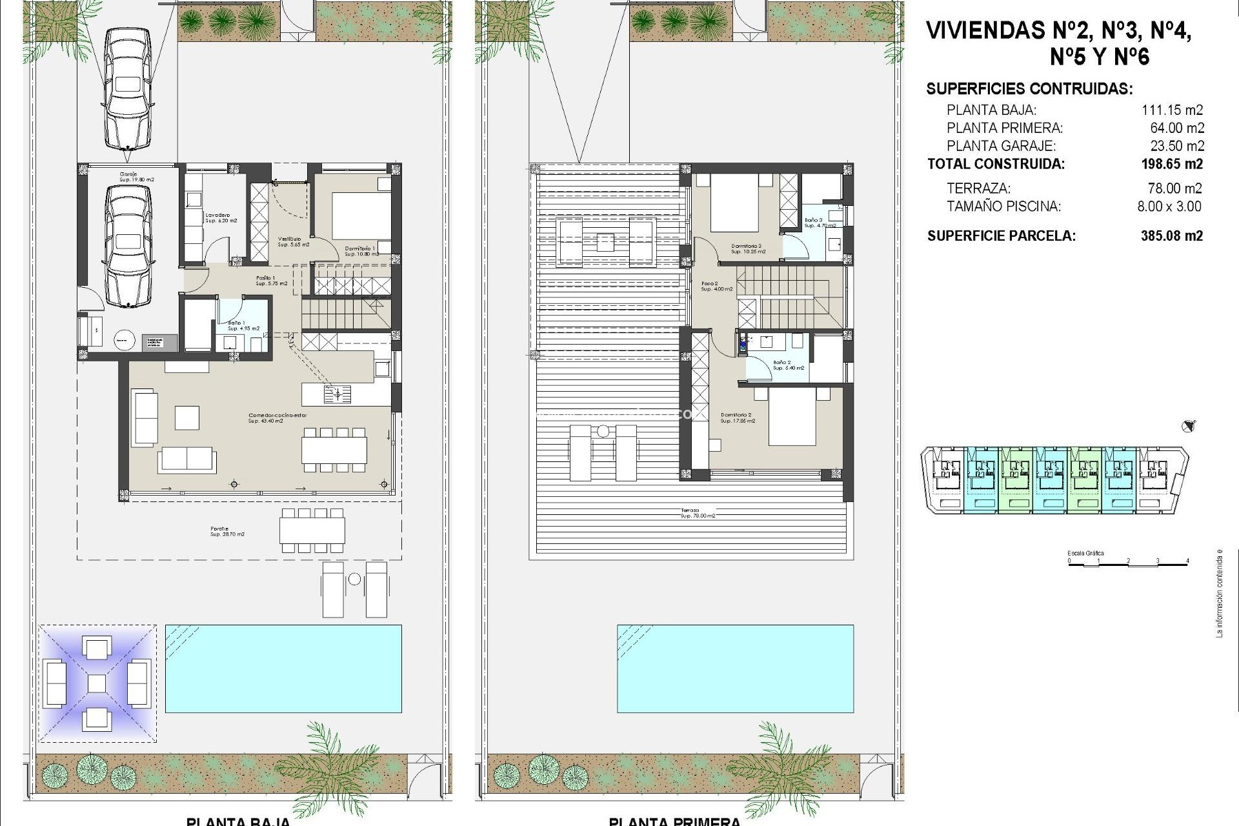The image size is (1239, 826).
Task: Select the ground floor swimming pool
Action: pyautogui.click(x=283, y=668)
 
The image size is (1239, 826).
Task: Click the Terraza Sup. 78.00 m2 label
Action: pyautogui.click(x=698, y=513)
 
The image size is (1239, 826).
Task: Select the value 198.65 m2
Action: pyautogui.click(x=1171, y=165)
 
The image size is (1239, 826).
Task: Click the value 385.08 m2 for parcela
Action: pyautogui.click(x=1171, y=236)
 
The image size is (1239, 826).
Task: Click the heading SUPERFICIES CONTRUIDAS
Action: pyautogui.click(x=1029, y=90)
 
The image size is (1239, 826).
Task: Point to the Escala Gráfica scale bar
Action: pyautogui.click(x=1127, y=561)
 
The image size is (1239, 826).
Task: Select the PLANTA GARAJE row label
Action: pyautogui.click(x=1001, y=146)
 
